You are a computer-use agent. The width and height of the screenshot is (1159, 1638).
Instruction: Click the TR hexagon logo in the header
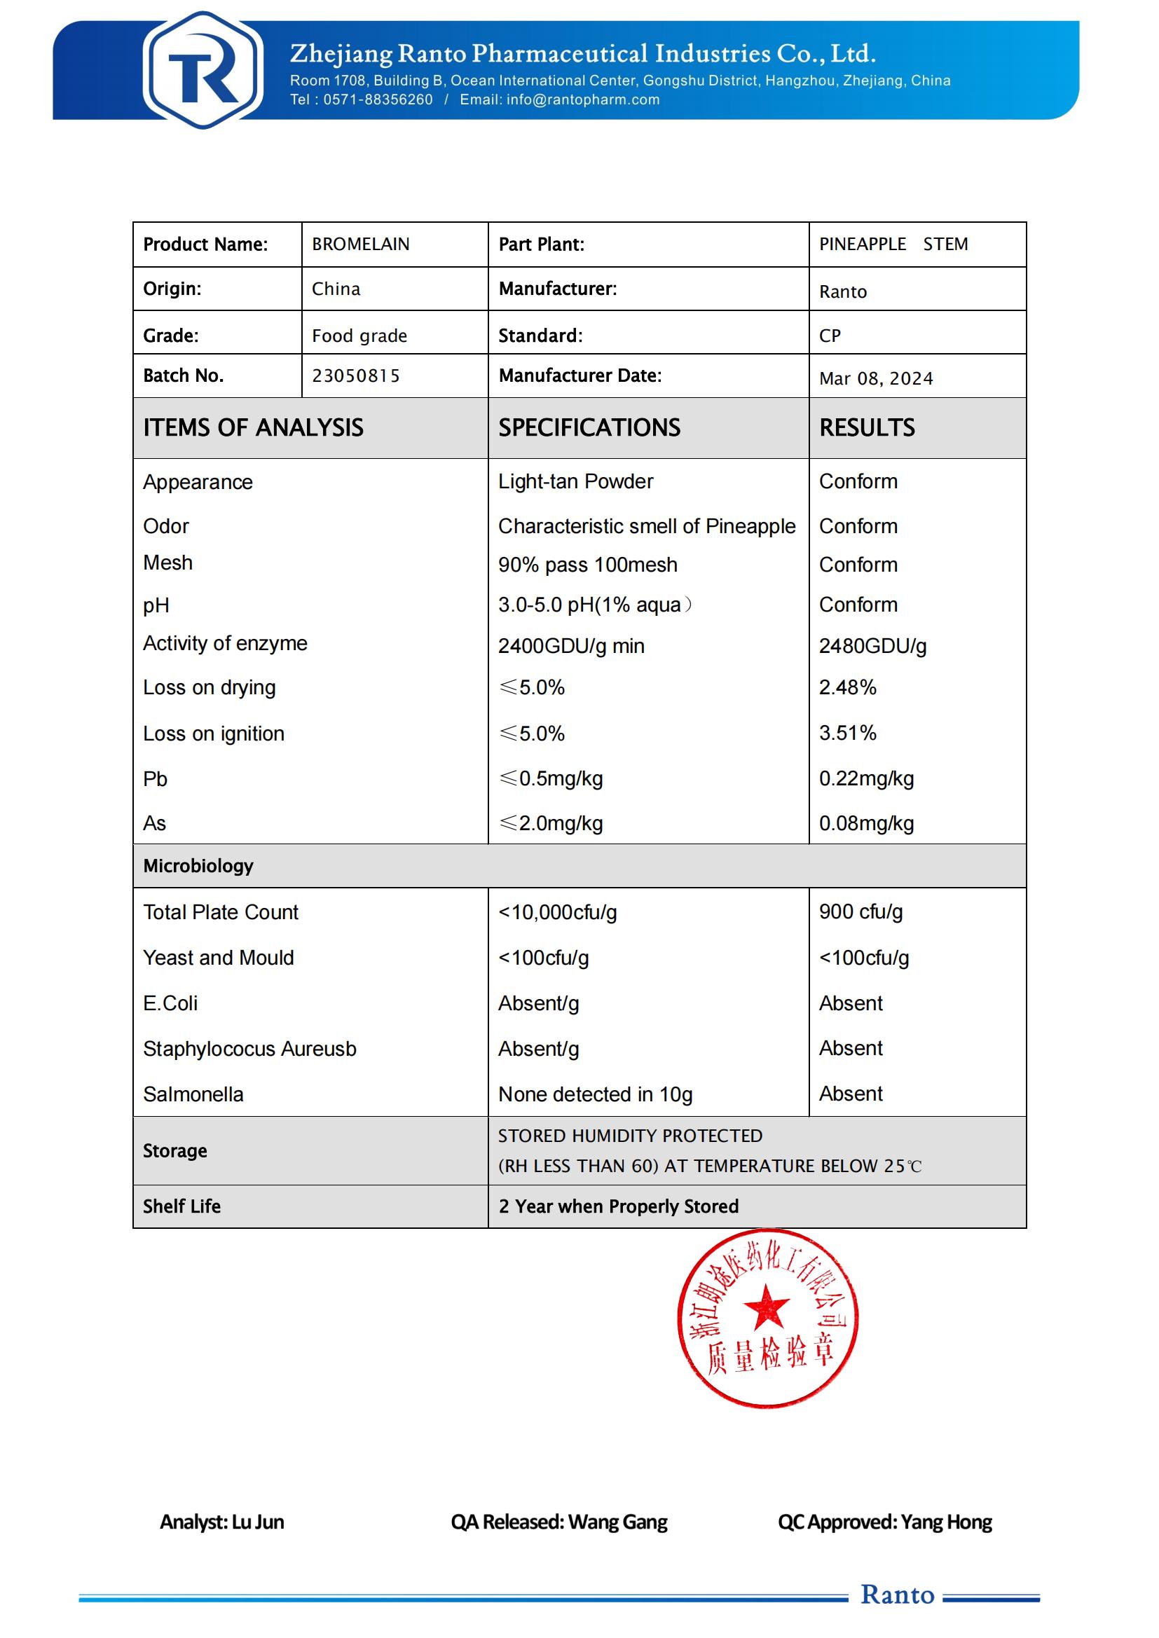click(x=203, y=70)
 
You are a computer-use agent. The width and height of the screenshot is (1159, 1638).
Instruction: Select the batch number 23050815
click(x=356, y=376)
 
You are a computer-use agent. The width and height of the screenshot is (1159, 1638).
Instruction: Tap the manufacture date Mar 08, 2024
click(x=876, y=379)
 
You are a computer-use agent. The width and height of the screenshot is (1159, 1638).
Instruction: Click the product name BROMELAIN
click(x=360, y=245)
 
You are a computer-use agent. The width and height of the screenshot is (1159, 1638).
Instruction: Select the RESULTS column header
click(x=866, y=427)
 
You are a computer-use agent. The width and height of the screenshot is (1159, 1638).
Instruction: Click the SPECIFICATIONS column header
click(x=589, y=427)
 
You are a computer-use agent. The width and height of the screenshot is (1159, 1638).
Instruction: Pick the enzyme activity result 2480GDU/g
click(x=872, y=647)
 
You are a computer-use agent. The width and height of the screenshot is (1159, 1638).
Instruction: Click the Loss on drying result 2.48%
click(x=847, y=688)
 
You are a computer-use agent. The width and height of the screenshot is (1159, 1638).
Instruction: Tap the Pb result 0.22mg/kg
click(x=865, y=779)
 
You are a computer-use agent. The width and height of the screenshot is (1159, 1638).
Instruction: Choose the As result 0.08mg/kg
click(x=865, y=824)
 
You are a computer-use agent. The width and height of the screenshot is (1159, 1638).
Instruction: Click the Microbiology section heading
click(x=198, y=866)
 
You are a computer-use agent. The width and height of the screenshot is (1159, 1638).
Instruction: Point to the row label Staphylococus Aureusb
click(x=249, y=1049)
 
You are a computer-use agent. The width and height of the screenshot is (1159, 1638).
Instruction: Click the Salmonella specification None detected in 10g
click(x=595, y=1094)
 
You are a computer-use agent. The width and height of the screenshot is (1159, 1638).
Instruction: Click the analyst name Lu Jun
click(x=258, y=1522)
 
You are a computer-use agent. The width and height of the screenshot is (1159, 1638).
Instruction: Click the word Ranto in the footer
click(x=897, y=1595)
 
